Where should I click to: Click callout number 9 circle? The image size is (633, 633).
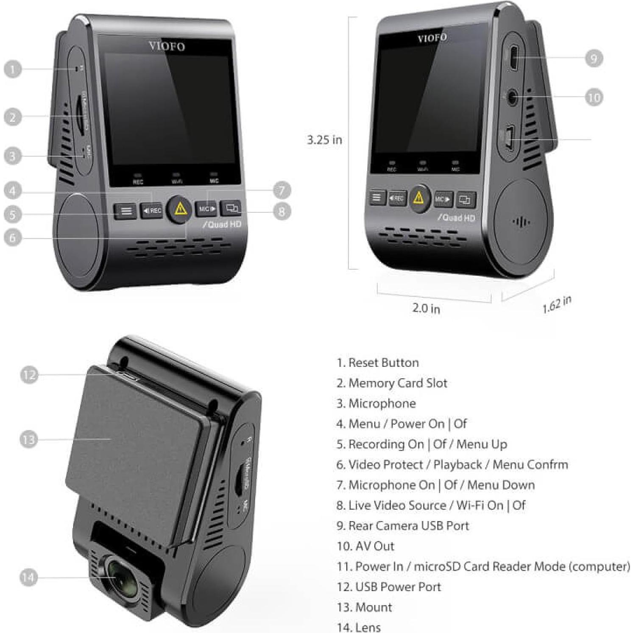pyautogui.click(x=594, y=58)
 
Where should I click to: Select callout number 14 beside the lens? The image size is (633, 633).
pyautogui.click(x=28, y=577)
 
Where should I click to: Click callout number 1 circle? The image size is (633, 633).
pyautogui.click(x=13, y=69)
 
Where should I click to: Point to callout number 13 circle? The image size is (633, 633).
pyautogui.click(x=28, y=439)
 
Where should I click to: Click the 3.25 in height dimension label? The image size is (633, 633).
pyautogui.click(x=324, y=140)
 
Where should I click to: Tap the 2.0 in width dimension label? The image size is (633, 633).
pyautogui.click(x=426, y=308)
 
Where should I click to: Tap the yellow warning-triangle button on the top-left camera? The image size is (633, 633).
pyautogui.click(x=180, y=209)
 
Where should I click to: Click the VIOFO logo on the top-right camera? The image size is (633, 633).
pyautogui.click(x=432, y=38)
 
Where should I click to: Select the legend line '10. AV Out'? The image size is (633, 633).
pyautogui.click(x=365, y=546)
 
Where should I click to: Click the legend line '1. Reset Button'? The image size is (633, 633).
pyautogui.click(x=378, y=363)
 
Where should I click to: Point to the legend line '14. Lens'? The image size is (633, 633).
pyautogui.click(x=359, y=627)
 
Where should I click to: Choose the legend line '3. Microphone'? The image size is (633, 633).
pyautogui.click(x=376, y=403)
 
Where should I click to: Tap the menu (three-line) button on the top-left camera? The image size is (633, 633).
pyautogui.click(x=125, y=211)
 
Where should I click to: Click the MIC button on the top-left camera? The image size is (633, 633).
pyautogui.click(x=206, y=209)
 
